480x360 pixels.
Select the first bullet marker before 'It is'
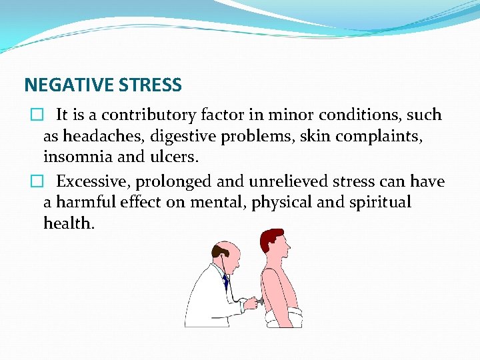point(35,115)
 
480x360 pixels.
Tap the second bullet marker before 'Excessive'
point(35,182)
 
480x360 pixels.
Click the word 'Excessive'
point(89,181)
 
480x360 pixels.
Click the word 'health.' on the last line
point(69,223)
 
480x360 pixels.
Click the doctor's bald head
point(227,252)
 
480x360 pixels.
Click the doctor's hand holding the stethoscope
point(251,304)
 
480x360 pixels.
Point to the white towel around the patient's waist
point(283,319)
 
